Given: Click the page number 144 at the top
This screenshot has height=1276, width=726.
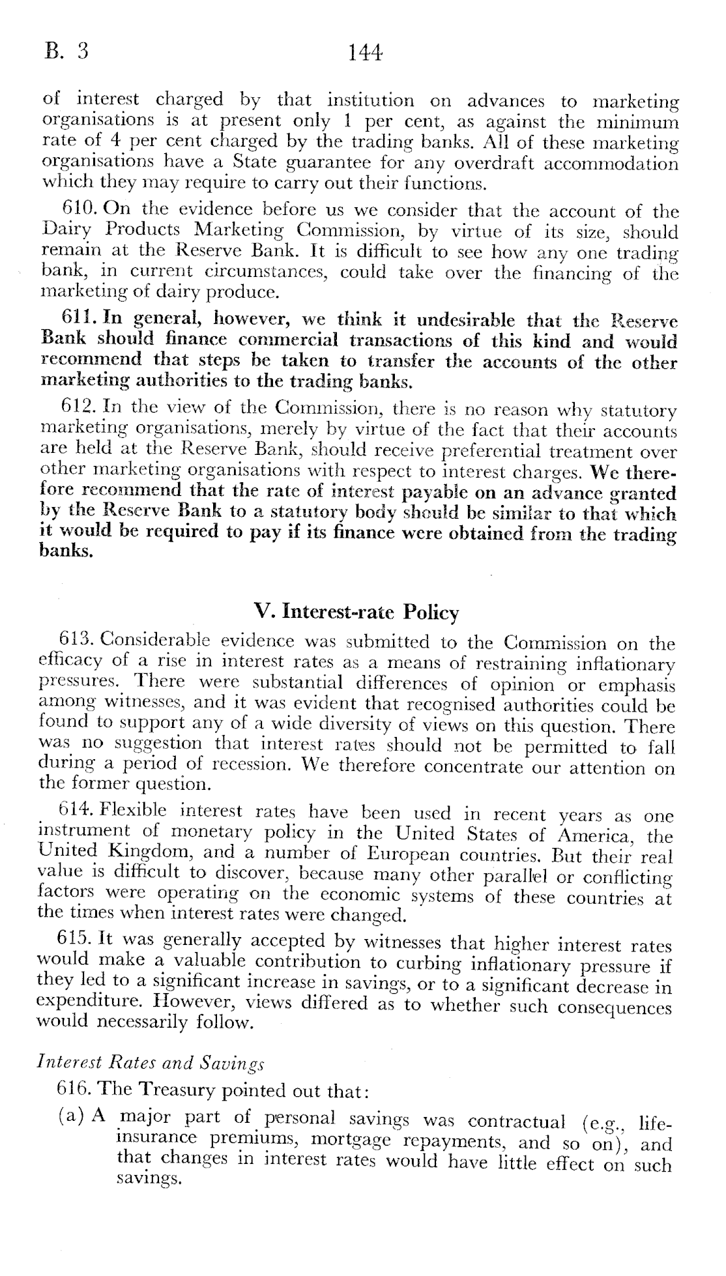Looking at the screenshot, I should click(x=364, y=52).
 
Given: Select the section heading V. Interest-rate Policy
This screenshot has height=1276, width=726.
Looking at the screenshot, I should click(x=356, y=612).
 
